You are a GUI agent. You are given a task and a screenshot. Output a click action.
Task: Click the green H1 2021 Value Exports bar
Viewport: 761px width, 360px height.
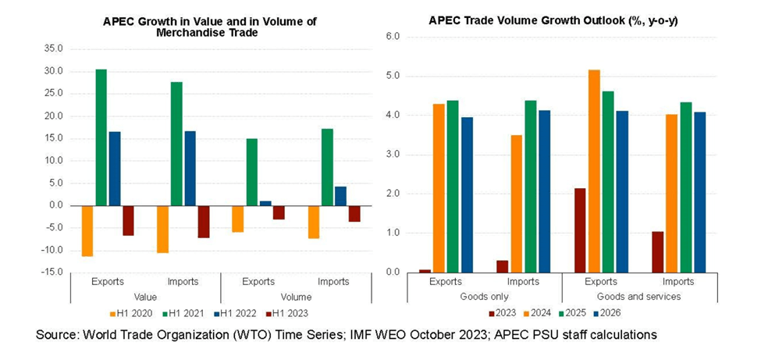[101, 137]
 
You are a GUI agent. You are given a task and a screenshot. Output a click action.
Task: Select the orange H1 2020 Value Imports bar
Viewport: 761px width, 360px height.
[163, 229]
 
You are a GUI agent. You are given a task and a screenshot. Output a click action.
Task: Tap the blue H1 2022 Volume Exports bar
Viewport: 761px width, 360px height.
[265, 203]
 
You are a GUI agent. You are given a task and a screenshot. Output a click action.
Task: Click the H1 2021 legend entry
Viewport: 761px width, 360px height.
[183, 313]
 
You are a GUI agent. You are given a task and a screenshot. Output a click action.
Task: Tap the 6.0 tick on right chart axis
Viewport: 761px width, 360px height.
[393, 37]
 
